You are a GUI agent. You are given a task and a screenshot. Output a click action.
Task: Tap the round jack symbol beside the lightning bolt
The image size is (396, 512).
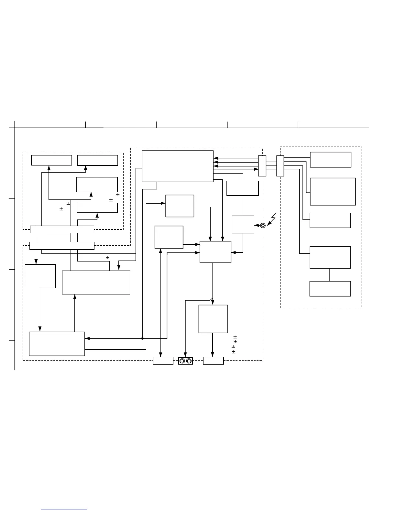(263, 225)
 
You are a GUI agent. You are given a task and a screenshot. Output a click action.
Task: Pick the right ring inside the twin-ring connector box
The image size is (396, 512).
(189, 361)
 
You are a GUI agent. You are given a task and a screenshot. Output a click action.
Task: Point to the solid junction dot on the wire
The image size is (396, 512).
(142, 338)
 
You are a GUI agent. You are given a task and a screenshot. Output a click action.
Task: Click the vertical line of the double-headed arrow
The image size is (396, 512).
(161, 304)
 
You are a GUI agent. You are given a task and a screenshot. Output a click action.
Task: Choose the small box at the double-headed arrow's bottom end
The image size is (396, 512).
(163, 361)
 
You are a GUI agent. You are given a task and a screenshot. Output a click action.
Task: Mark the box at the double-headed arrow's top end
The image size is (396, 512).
(169, 237)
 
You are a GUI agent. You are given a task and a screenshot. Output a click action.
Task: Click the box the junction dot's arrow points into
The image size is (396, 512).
(57, 344)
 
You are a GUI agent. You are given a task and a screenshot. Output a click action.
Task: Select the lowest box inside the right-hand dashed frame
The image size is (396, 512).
(330, 289)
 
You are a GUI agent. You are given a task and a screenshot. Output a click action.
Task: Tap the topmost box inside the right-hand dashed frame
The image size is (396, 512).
(330, 160)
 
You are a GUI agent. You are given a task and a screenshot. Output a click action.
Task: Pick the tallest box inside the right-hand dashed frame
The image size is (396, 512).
(333, 191)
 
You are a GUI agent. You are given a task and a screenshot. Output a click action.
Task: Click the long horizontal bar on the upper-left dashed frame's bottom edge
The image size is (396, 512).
(62, 229)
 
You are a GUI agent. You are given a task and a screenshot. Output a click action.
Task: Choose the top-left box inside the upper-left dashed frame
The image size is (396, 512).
(51, 160)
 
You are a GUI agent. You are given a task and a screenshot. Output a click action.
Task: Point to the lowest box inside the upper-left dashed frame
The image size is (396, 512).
(97, 208)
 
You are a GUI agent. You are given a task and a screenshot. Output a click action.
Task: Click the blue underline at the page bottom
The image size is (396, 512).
(64, 509)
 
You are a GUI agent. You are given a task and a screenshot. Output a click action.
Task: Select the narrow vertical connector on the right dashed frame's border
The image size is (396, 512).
(280, 166)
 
